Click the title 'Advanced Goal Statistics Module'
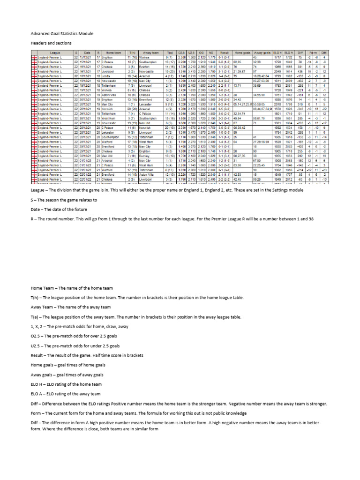(x=62, y=34)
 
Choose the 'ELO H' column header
(x=277, y=54)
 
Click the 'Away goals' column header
(x=262, y=54)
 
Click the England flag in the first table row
(x=34, y=58)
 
